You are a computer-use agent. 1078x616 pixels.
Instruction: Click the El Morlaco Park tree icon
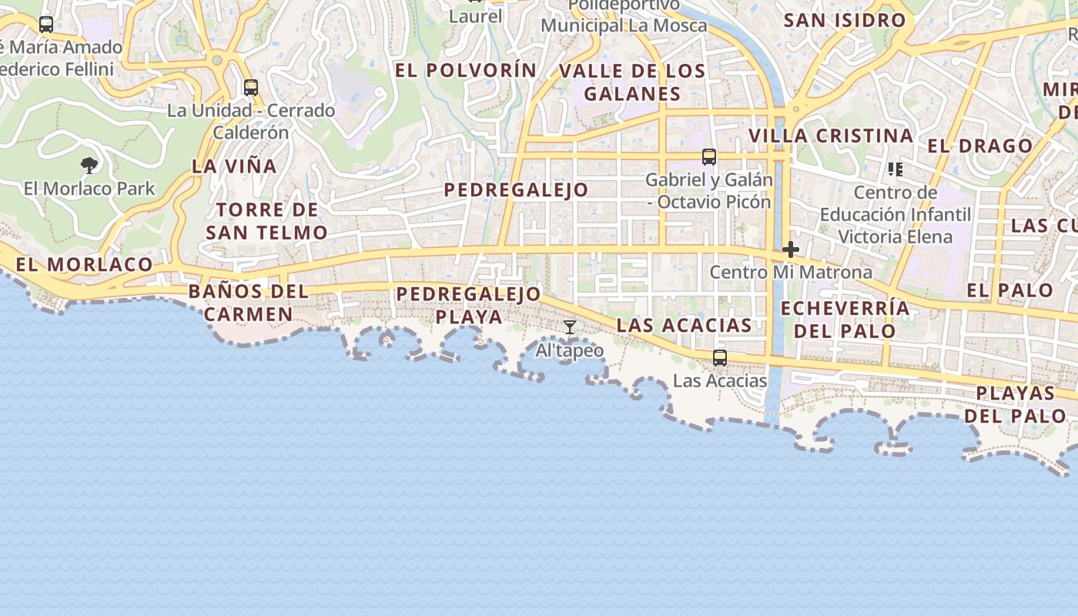point(89,165)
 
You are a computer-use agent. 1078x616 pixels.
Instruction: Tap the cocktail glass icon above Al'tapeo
point(569,327)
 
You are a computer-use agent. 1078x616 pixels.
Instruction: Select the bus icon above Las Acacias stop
point(719,358)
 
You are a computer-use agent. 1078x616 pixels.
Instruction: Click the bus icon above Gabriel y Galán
point(709,157)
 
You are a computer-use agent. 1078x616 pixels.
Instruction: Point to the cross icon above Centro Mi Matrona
point(790,249)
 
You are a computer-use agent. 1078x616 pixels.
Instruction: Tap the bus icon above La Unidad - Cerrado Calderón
point(250,88)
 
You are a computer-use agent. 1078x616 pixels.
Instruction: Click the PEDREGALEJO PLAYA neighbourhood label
point(469,305)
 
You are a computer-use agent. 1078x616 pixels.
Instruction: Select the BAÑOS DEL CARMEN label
point(248,303)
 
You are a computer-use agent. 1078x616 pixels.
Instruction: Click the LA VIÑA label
point(234,166)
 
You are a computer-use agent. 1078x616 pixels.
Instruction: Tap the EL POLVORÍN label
point(466,70)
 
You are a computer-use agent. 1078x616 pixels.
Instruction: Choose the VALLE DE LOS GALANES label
point(632,82)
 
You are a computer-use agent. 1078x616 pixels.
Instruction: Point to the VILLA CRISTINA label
point(831,136)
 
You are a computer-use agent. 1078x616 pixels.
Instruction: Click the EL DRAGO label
point(979,146)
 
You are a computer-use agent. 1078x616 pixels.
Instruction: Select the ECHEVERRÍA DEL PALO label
point(845,320)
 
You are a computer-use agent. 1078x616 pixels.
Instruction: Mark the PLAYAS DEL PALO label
point(1015,404)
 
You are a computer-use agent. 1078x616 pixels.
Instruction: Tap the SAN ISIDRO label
point(844,20)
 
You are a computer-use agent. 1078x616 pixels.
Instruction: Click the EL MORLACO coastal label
point(84,264)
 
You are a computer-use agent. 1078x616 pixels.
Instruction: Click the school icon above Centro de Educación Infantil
point(895,169)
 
